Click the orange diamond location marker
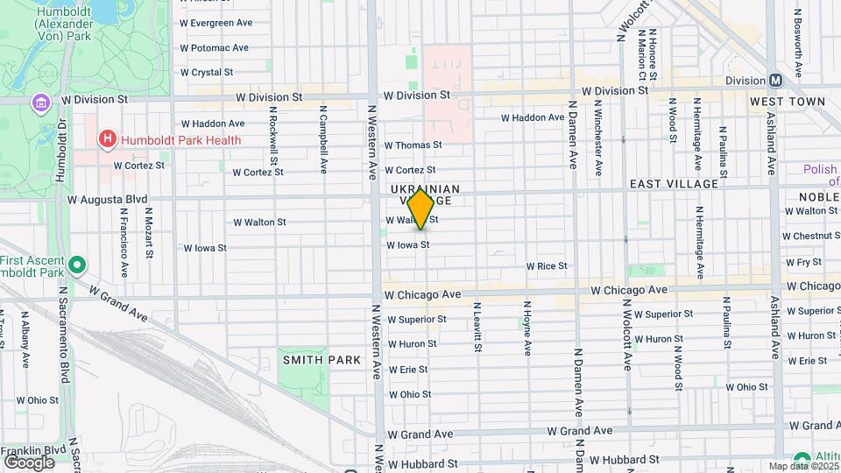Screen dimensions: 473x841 (x=420, y=208)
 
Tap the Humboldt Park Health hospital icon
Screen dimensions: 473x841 (x=107, y=138)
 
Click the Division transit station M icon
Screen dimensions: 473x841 (x=775, y=80)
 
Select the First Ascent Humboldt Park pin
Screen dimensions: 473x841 (x=77, y=264)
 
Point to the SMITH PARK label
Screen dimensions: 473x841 (x=315, y=360)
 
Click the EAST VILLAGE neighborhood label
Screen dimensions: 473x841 (x=674, y=184)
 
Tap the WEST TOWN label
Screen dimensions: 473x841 (x=788, y=102)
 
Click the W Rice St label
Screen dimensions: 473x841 (x=547, y=265)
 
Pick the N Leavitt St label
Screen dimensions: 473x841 (x=477, y=328)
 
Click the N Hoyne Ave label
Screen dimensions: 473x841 (x=527, y=328)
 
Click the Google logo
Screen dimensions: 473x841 (x=29, y=462)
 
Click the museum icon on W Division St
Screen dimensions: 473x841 (x=40, y=103)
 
